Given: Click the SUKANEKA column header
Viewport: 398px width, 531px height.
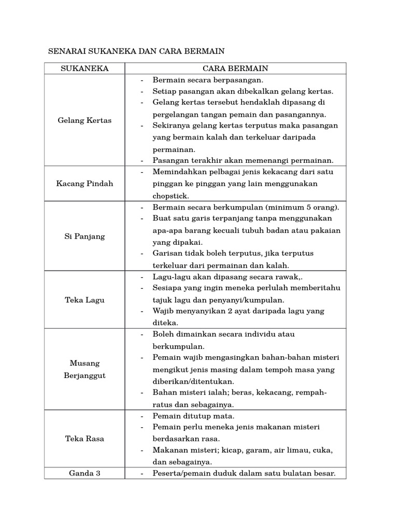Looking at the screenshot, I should pos(84,68).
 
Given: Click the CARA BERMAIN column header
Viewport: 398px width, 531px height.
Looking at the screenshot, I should pos(235,68).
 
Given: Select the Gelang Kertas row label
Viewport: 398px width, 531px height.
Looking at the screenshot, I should pos(84,120).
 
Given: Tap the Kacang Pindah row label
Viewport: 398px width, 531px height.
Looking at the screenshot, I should pos(84,184).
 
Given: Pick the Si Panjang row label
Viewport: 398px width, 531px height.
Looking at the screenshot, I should pos(84,236).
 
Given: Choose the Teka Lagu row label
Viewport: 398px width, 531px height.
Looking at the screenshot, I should pos(84,300).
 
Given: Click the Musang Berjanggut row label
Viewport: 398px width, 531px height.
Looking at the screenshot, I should pos(84,369).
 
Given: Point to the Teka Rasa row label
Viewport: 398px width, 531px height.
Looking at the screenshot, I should pos(84,438).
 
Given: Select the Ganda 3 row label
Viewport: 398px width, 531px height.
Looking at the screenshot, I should pos(84,473).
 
